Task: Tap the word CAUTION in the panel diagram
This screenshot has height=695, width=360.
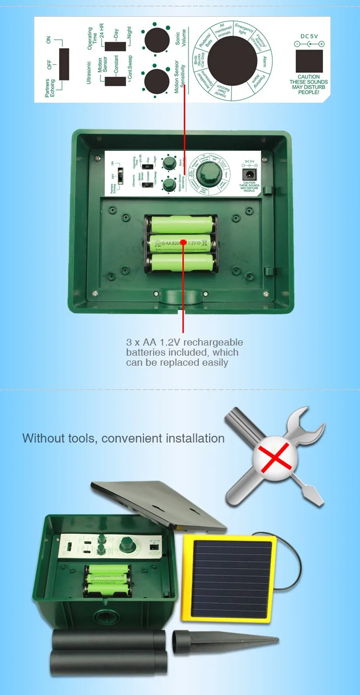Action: coord(309,77)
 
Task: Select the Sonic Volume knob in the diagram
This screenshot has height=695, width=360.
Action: coord(157,38)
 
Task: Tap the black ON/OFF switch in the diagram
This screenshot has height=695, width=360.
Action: coord(64,64)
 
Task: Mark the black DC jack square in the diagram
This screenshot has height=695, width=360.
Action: coord(309,60)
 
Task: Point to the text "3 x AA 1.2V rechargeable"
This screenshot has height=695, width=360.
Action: coord(184,342)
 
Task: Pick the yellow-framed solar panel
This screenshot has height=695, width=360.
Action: coord(228,578)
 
